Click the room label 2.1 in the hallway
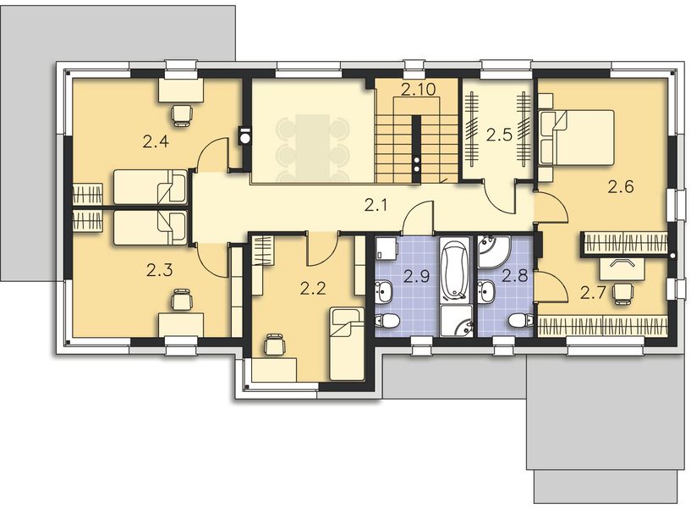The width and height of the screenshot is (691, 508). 376,204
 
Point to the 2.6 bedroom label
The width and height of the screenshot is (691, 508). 621,187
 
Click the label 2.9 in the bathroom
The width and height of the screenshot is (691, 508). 416,275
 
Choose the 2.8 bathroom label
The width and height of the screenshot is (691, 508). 514,275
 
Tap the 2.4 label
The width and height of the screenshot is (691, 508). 156,141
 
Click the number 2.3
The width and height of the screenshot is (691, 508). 158,271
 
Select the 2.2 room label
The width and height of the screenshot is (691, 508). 313,289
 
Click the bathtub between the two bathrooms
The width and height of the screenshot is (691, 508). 455,272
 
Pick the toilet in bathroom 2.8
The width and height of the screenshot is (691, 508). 521,321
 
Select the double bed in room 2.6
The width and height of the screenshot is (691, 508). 578,137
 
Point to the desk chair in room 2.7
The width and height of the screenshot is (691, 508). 623,291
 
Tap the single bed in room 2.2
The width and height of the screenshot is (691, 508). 347,343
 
